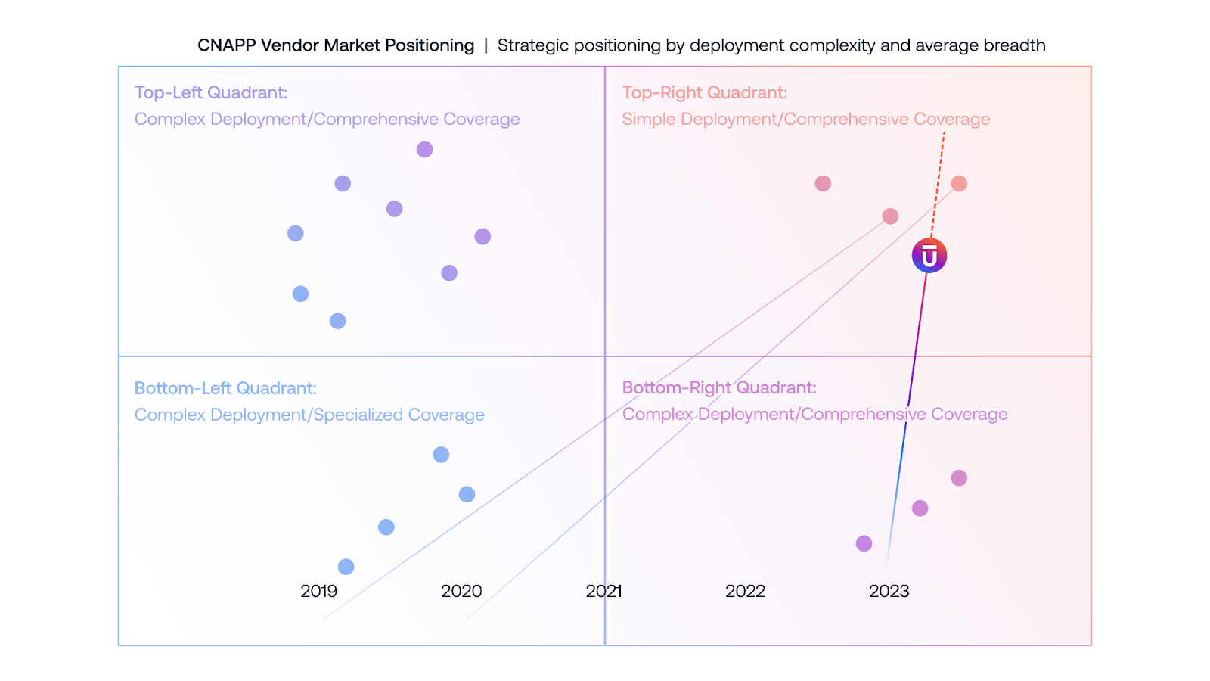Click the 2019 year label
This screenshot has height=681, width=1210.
pyautogui.click(x=318, y=591)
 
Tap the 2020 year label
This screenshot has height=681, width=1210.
pyautogui.click(x=461, y=591)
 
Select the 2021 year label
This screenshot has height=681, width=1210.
pyautogui.click(x=603, y=591)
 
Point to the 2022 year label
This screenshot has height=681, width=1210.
pyautogui.click(x=745, y=591)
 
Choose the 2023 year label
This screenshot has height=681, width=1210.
pyautogui.click(x=889, y=591)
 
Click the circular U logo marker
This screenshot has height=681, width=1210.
pyautogui.click(x=929, y=256)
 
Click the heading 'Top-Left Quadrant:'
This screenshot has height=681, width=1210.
pyautogui.click(x=211, y=92)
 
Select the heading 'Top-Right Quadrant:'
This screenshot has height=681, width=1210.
pyautogui.click(x=704, y=92)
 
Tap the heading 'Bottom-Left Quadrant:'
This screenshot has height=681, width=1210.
pyautogui.click(x=225, y=388)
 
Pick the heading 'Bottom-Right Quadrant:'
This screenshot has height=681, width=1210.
pyautogui.click(x=718, y=387)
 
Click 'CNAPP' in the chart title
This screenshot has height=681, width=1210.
pyautogui.click(x=226, y=45)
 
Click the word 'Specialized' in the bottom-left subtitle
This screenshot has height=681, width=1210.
pyautogui.click(x=358, y=415)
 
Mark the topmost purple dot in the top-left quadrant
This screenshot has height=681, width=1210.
pyautogui.click(x=425, y=150)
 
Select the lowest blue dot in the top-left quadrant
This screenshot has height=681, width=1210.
pyautogui.click(x=338, y=321)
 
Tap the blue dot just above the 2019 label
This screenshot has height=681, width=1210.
pyautogui.click(x=346, y=567)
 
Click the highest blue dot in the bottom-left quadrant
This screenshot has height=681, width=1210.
pyautogui.click(x=441, y=455)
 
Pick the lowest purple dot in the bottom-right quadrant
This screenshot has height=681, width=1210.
pyautogui.click(x=864, y=543)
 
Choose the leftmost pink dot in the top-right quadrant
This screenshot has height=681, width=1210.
pyautogui.click(x=823, y=183)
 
